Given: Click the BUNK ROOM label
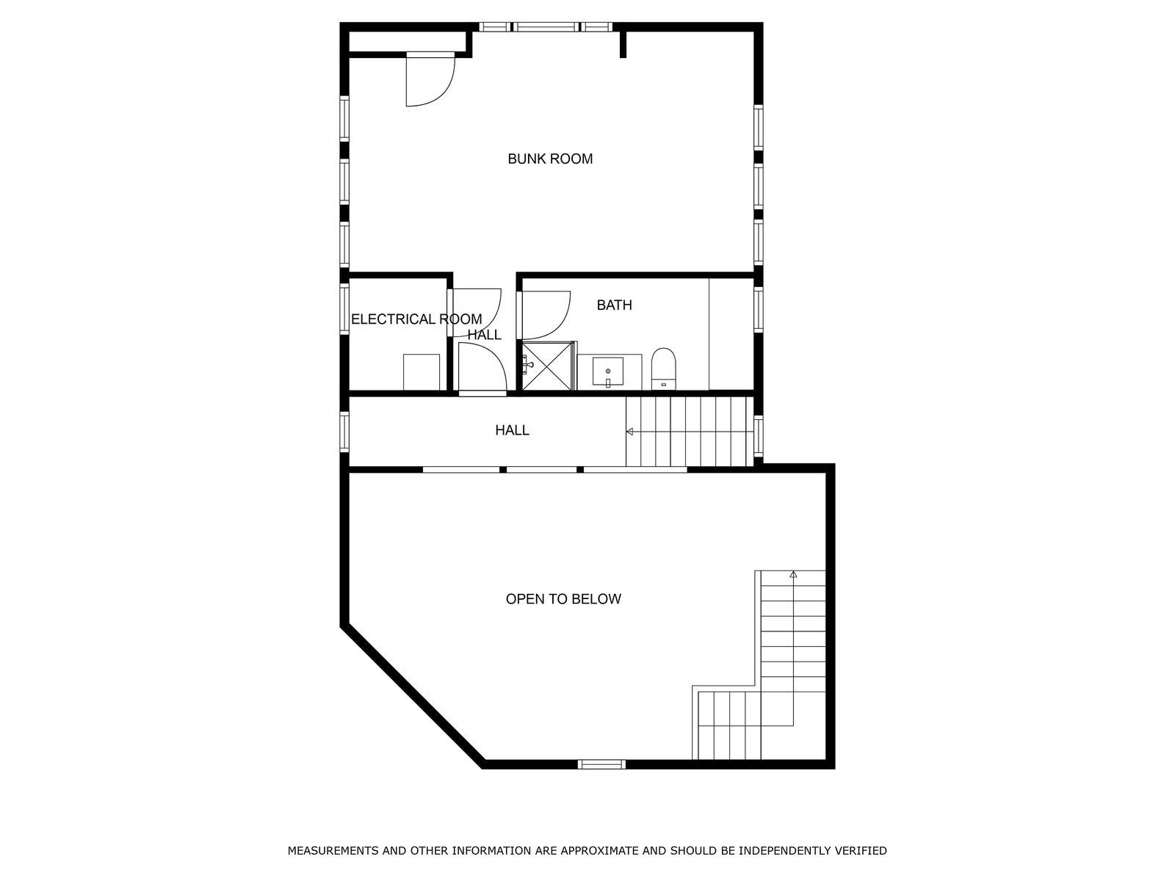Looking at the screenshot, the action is pyautogui.click(x=550, y=159).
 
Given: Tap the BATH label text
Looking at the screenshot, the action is pyautogui.click(x=614, y=305).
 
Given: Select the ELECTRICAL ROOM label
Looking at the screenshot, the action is pyautogui.click(x=416, y=319).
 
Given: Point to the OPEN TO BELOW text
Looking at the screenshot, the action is pyautogui.click(x=563, y=598).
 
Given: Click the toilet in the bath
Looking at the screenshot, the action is pyautogui.click(x=663, y=369).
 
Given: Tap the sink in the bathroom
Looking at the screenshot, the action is pyautogui.click(x=607, y=371).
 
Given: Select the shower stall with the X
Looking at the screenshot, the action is pyautogui.click(x=547, y=366).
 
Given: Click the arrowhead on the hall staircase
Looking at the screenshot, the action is pyautogui.click(x=629, y=432).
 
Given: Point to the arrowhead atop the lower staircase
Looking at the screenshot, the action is pyautogui.click(x=793, y=575).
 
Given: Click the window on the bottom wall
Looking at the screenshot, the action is pyautogui.click(x=601, y=764).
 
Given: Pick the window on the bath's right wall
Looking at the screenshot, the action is pyautogui.click(x=759, y=310).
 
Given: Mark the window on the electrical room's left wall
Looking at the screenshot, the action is pyautogui.click(x=344, y=308).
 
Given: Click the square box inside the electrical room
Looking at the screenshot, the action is pyautogui.click(x=422, y=372).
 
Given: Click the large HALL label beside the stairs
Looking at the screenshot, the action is pyautogui.click(x=512, y=430).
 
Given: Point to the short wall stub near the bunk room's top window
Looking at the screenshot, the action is pyautogui.click(x=623, y=44).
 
